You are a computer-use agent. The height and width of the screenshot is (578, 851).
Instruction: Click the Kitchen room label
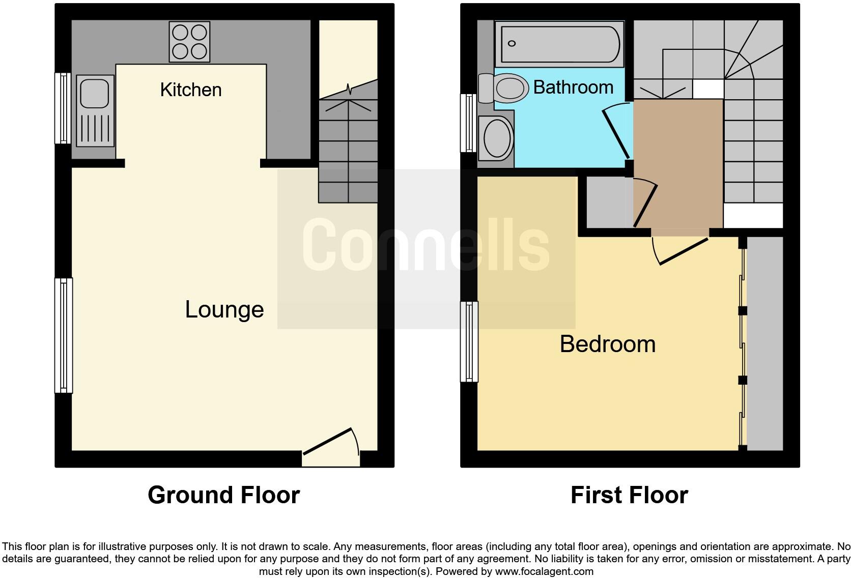(x=191, y=90)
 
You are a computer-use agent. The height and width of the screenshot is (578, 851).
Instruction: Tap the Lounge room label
(x=224, y=309)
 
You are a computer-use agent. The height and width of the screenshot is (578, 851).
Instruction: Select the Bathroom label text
(x=573, y=88)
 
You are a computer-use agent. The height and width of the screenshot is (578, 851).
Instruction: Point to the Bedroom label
(x=607, y=344)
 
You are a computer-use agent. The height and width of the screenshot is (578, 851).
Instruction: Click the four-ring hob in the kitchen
(x=189, y=42)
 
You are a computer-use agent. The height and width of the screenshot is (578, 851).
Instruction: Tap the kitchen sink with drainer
(x=95, y=110)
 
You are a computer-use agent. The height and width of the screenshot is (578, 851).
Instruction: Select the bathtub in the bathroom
(x=560, y=44)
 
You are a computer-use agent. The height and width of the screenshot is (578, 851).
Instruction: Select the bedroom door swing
(x=681, y=250)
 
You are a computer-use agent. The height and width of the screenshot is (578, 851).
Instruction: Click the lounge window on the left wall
(x=64, y=335)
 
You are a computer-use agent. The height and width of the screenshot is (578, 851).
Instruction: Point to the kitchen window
(x=64, y=108)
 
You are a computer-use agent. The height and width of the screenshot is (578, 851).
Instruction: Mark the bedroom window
(x=469, y=341)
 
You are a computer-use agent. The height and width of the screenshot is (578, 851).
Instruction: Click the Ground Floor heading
(x=223, y=495)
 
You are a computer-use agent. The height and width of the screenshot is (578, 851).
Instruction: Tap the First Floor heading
(x=629, y=495)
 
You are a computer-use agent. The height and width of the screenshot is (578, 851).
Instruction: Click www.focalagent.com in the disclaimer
(x=544, y=571)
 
